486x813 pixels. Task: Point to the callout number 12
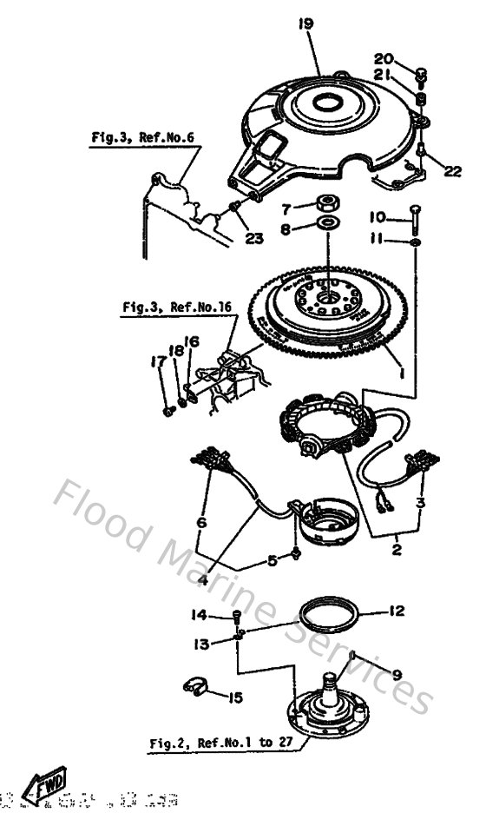point(396,611)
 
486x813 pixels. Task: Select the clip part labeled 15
point(196,689)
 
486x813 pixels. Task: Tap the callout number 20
point(384,58)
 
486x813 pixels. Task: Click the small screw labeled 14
point(236,617)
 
